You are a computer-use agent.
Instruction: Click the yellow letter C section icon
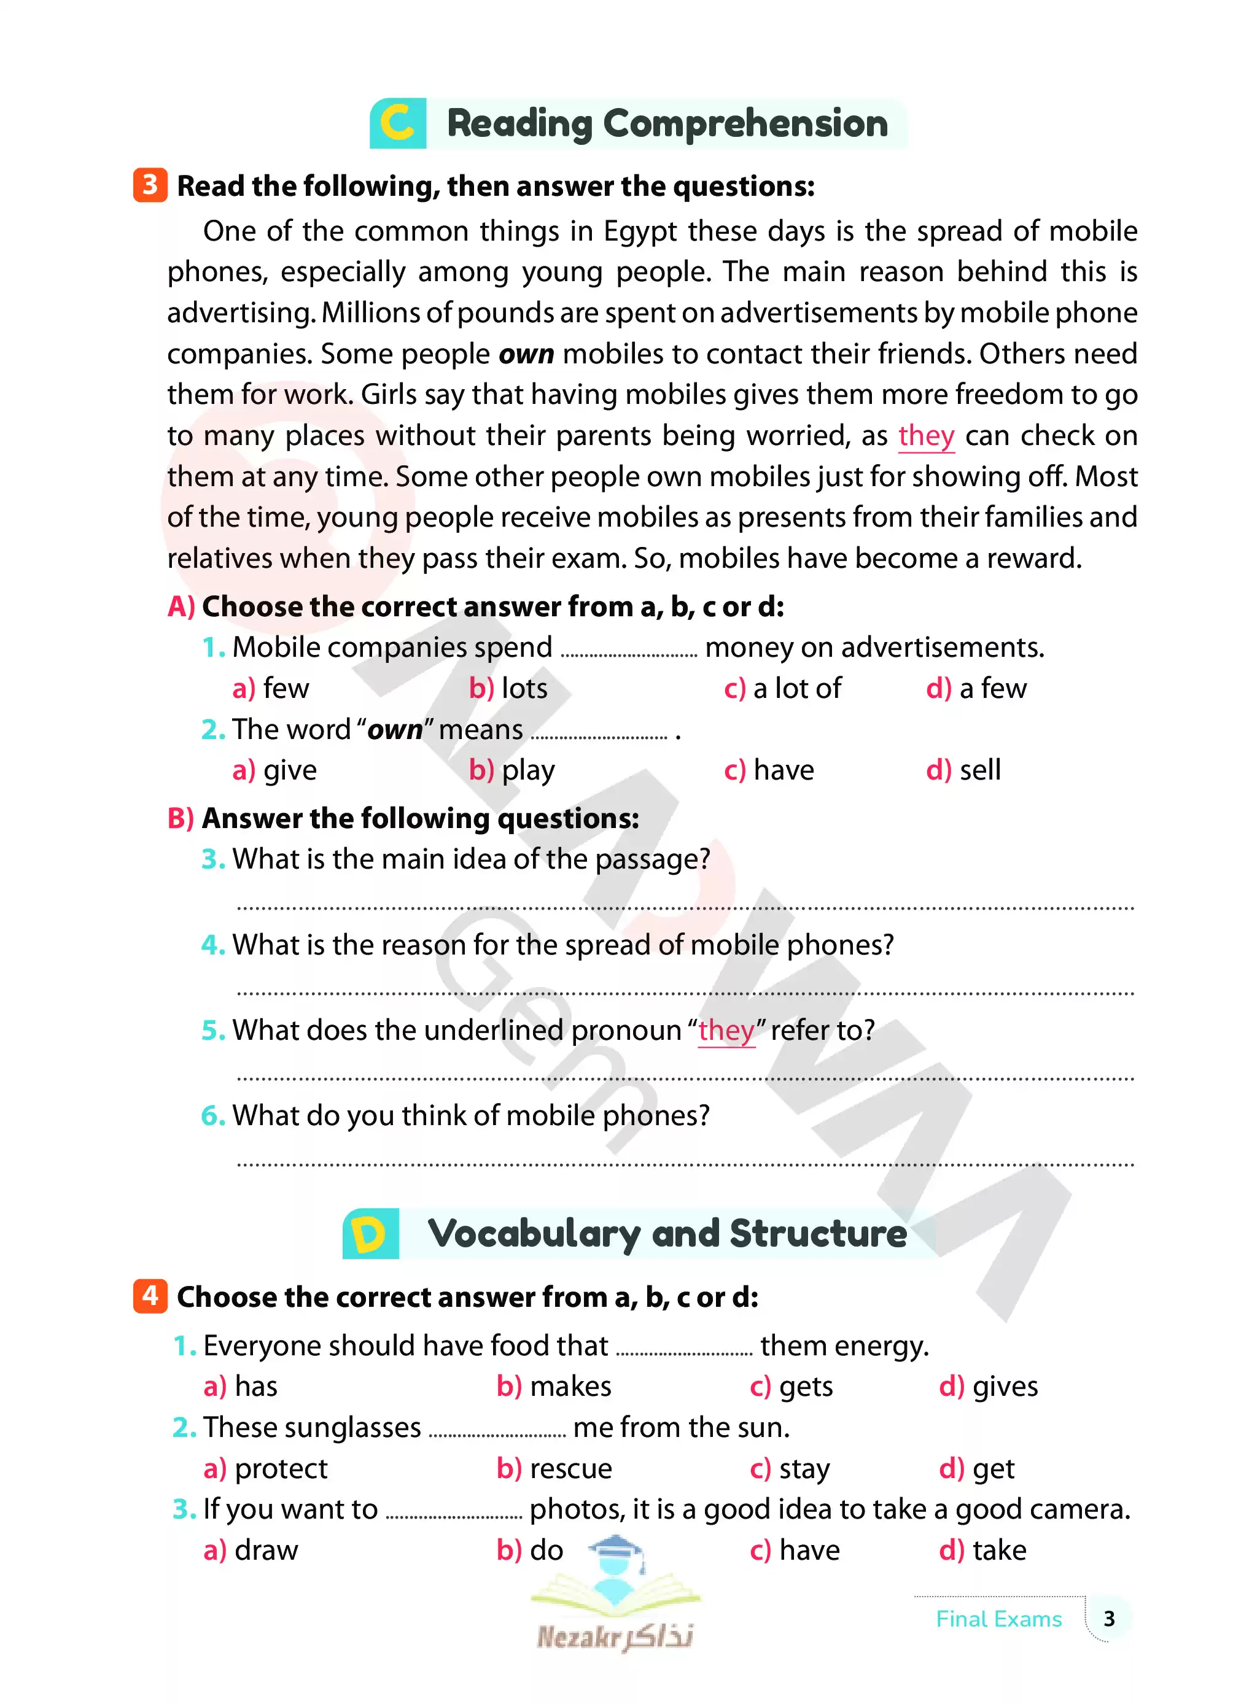click(x=397, y=123)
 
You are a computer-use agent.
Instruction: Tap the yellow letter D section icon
click(x=370, y=1234)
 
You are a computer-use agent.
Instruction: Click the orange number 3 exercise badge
click(x=150, y=185)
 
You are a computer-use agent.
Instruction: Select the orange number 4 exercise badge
click(x=150, y=1295)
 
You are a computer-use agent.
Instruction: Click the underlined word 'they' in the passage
click(x=926, y=436)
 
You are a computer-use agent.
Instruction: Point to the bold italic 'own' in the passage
click(x=526, y=354)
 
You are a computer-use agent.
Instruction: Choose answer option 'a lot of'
click(x=796, y=688)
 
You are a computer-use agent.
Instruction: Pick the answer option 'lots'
click(x=524, y=688)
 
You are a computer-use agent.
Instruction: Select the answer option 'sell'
click(x=979, y=770)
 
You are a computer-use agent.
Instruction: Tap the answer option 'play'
click(x=527, y=770)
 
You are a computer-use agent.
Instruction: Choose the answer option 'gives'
click(x=1005, y=1386)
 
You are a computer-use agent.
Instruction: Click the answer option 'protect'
click(x=280, y=1468)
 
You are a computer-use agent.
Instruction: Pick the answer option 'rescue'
click(x=570, y=1468)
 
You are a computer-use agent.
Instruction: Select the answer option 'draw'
click(x=266, y=1550)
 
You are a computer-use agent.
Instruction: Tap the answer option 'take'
click(x=998, y=1550)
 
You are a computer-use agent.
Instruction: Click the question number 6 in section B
click(x=212, y=1116)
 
